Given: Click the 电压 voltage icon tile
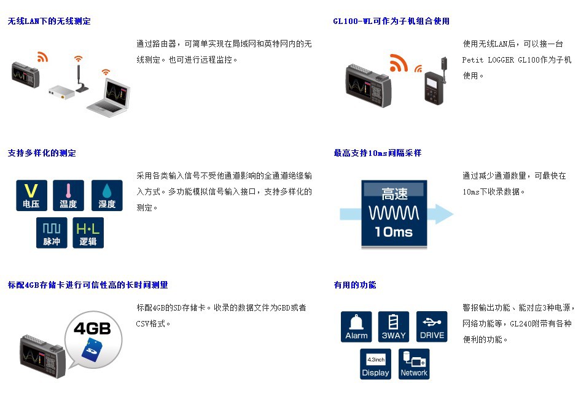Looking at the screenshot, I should (x=31, y=196).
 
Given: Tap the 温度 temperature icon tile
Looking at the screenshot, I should (x=68, y=196).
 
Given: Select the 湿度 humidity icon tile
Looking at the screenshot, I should (x=107, y=196).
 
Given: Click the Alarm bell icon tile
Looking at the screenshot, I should (x=356, y=326).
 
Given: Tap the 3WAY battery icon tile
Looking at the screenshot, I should (x=394, y=326).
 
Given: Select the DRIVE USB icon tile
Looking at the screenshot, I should (x=432, y=326).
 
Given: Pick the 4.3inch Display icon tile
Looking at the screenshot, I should (x=375, y=364).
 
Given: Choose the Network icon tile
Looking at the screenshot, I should (x=414, y=364).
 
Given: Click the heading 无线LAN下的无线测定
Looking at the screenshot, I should (x=49, y=21).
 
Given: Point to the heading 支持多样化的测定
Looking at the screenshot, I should (x=42, y=153).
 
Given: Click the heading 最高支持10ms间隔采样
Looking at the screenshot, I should (x=378, y=153).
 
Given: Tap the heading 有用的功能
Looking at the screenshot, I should (x=355, y=285).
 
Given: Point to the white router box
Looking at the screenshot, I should (x=61, y=91).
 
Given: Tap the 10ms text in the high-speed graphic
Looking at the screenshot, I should (x=394, y=232).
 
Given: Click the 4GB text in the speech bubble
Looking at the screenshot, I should (x=92, y=329).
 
